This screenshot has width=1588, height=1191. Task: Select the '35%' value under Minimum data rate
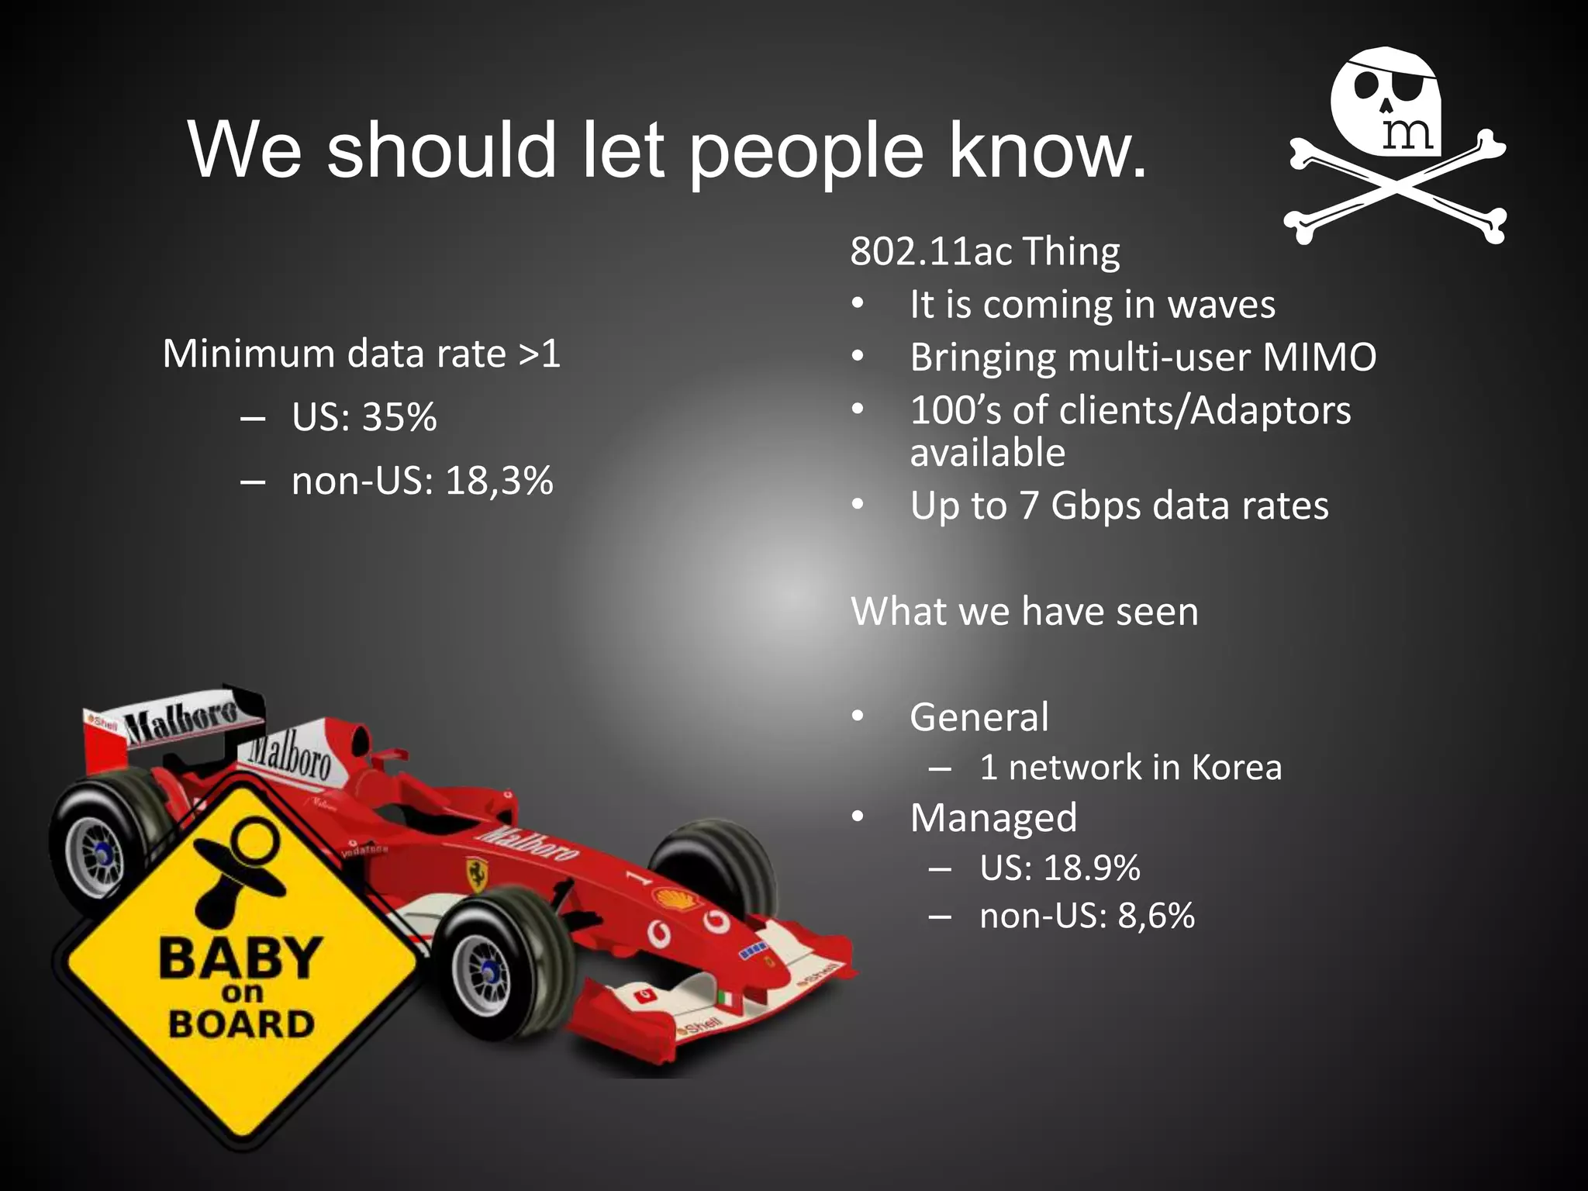(x=399, y=417)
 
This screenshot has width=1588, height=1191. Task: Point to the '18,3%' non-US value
(x=499, y=481)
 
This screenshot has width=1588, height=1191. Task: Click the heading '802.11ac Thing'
(x=985, y=251)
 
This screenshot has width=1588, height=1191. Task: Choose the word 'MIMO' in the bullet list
(x=1319, y=357)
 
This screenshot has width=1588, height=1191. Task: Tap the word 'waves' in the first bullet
(x=1221, y=304)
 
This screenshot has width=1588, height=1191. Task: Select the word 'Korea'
(x=1236, y=768)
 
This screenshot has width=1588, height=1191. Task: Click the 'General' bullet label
(x=979, y=716)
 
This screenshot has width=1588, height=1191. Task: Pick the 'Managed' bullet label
(x=993, y=818)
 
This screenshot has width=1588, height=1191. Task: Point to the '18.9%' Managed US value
(x=1091, y=868)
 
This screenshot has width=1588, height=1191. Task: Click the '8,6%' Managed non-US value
(x=1155, y=916)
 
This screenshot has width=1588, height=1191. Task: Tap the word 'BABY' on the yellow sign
(x=240, y=958)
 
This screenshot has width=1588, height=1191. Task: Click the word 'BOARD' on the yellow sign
(x=242, y=1024)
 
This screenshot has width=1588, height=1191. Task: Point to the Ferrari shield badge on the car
(x=475, y=872)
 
